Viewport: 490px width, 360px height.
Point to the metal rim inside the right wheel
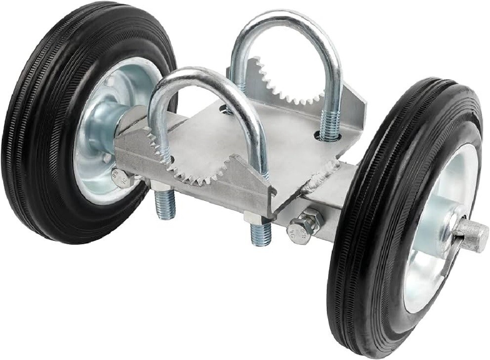[x=435, y=277]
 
